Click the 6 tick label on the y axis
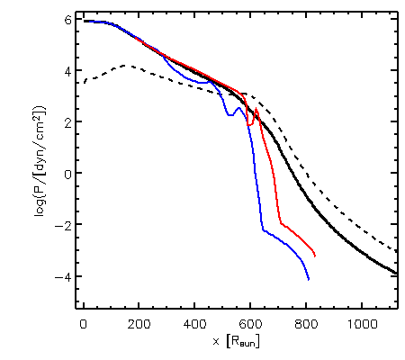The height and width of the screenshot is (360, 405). click(68, 21)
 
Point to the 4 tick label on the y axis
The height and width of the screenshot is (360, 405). click(68, 72)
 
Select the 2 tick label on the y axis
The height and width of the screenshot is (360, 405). click(68, 123)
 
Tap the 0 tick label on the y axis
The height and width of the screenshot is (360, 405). click(68, 175)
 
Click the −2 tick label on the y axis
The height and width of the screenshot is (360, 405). click(63, 226)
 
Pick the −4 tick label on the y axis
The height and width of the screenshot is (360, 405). click(63, 277)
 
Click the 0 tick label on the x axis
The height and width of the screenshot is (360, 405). click(84, 324)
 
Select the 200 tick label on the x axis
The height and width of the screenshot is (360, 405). click(139, 324)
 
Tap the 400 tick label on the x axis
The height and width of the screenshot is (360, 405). click(194, 324)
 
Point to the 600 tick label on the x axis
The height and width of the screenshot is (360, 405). click(250, 324)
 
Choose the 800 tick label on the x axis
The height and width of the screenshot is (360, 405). click(306, 324)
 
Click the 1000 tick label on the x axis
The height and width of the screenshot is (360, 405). click(362, 324)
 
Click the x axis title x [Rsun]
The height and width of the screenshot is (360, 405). click(236, 341)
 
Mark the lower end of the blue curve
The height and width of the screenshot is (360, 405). click(309, 280)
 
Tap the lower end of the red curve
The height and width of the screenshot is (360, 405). click(315, 256)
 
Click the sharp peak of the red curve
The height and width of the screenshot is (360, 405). click(256, 109)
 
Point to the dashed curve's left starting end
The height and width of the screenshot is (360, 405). click(85, 83)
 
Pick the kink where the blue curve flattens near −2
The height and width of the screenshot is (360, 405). click(263, 230)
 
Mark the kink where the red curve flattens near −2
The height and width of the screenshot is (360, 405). click(281, 223)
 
